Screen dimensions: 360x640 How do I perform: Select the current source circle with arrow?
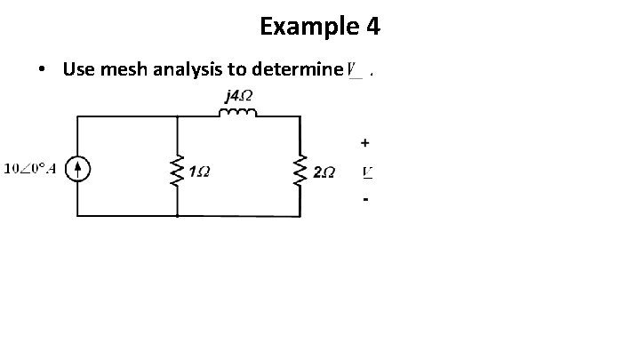78,169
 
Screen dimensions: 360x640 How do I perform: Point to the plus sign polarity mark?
364,142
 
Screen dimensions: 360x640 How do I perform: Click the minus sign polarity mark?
364,200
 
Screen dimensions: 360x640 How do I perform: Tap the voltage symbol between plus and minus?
365,170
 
